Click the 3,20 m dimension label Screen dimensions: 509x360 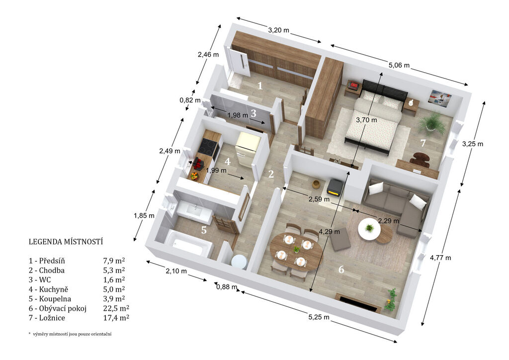pos(278,30)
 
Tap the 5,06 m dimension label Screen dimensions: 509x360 pos(399,65)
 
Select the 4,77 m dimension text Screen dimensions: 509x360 pos(440,258)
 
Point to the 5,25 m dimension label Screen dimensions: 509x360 pos(319,317)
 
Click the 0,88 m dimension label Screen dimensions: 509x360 pos(227,286)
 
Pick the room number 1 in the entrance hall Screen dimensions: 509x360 pos(259,86)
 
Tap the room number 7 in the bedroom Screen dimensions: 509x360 pos(423,143)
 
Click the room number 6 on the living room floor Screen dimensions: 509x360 pos(341,269)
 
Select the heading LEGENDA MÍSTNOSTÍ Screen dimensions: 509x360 pos(66,242)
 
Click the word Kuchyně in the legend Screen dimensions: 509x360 pos(54,289)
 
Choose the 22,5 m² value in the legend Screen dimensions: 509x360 pos(116,308)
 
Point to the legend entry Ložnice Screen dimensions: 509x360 pos(52,318)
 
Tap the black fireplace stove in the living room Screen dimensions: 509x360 pos(335,187)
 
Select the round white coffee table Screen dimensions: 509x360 pos(369,229)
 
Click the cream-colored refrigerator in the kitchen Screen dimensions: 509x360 pos(249,147)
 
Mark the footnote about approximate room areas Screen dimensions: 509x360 pos(70,334)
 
